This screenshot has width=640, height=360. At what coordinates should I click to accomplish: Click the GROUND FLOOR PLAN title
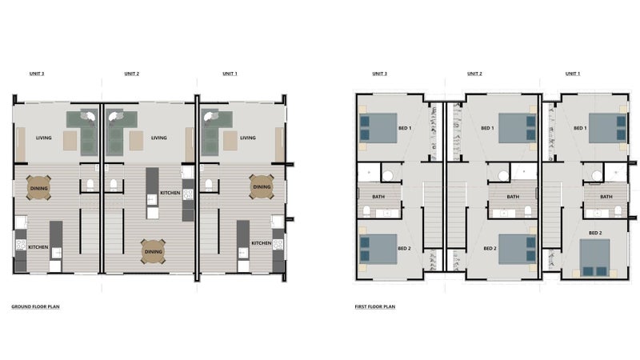35,306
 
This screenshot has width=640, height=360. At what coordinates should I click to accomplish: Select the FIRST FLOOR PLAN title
374,306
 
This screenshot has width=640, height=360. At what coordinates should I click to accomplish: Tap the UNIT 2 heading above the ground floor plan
132,74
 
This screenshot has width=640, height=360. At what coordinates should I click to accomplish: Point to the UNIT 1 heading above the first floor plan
573,74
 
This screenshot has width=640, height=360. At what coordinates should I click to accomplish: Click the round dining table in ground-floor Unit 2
154,251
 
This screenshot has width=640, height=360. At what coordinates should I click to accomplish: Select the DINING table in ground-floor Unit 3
38,188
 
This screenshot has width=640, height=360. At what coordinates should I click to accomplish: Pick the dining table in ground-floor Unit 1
262,186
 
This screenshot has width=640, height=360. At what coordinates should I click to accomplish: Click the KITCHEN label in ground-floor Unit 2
170,193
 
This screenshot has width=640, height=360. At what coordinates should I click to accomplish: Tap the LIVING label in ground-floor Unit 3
44,138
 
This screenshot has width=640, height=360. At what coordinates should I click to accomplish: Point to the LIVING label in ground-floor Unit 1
248,138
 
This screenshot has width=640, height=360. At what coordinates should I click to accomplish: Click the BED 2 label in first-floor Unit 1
595,233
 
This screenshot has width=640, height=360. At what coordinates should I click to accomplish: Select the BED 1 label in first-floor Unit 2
487,128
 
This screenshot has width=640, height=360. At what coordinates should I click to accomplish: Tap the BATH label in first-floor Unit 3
378,197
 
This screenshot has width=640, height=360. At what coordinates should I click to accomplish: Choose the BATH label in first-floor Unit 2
513,197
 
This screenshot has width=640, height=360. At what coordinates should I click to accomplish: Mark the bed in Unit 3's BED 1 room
378,128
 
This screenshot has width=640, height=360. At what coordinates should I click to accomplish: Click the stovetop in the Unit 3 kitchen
21,245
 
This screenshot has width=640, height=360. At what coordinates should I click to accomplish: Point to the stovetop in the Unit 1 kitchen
278,245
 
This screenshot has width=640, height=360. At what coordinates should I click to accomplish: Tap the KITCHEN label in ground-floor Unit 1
262,243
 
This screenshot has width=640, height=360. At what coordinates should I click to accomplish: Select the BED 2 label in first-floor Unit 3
404,248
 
